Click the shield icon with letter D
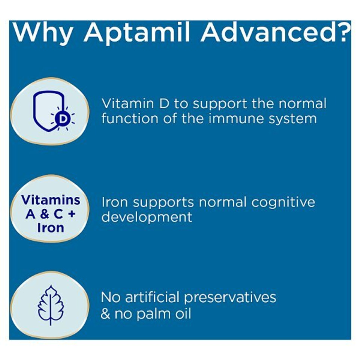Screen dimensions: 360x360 click(x=51, y=111)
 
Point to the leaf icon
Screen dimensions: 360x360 click(x=51, y=305)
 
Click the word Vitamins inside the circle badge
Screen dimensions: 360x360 click(x=51, y=200)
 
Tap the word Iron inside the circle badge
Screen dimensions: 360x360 click(x=51, y=228)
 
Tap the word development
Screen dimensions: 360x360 click(x=147, y=217)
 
